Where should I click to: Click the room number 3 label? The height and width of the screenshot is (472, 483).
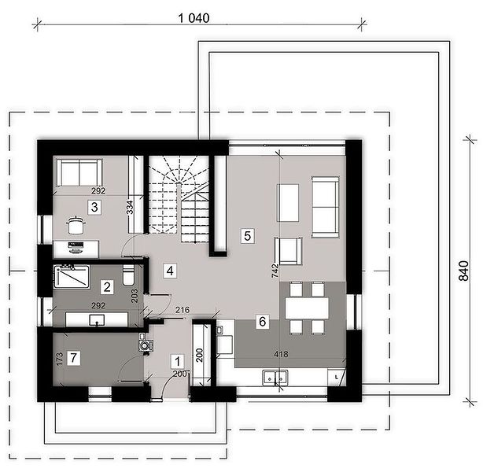[x=94, y=207]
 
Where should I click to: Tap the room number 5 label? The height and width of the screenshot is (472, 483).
[x=247, y=236]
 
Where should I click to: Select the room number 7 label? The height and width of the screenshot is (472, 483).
[x=73, y=358]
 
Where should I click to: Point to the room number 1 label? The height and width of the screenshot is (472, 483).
[x=178, y=361]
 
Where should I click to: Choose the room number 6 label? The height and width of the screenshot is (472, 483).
[x=263, y=321]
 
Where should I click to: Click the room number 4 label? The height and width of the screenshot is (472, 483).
[x=170, y=271]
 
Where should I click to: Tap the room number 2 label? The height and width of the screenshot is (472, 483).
[x=107, y=287]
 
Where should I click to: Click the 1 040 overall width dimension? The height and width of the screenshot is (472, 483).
[x=194, y=18]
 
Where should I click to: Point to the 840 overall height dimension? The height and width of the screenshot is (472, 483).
[x=464, y=271]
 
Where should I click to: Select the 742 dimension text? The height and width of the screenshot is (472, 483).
[x=275, y=271]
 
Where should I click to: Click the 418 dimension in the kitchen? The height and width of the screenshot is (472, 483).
[x=282, y=354]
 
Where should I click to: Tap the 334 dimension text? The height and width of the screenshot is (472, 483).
[x=131, y=207]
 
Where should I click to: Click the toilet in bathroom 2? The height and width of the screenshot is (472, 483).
[x=128, y=275]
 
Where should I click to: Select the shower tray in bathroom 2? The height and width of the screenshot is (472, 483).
[x=72, y=277]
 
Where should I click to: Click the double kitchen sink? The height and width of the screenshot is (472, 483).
[x=275, y=378]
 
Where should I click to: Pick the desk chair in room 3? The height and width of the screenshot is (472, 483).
[x=76, y=226]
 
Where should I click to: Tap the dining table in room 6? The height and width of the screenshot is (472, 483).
[x=307, y=308]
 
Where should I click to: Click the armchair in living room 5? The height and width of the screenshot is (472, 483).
[x=289, y=251]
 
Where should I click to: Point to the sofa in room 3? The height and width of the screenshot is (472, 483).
[x=79, y=172]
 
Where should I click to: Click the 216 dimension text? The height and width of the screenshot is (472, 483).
[x=183, y=310]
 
